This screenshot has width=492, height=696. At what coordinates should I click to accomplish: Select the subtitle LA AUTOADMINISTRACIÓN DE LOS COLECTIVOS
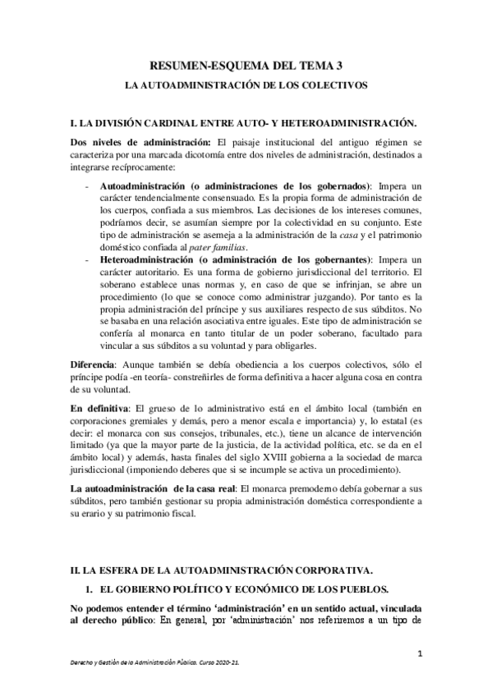pyautogui.click(x=246, y=85)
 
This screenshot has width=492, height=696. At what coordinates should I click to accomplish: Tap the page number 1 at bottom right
pyautogui.click(x=419, y=653)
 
